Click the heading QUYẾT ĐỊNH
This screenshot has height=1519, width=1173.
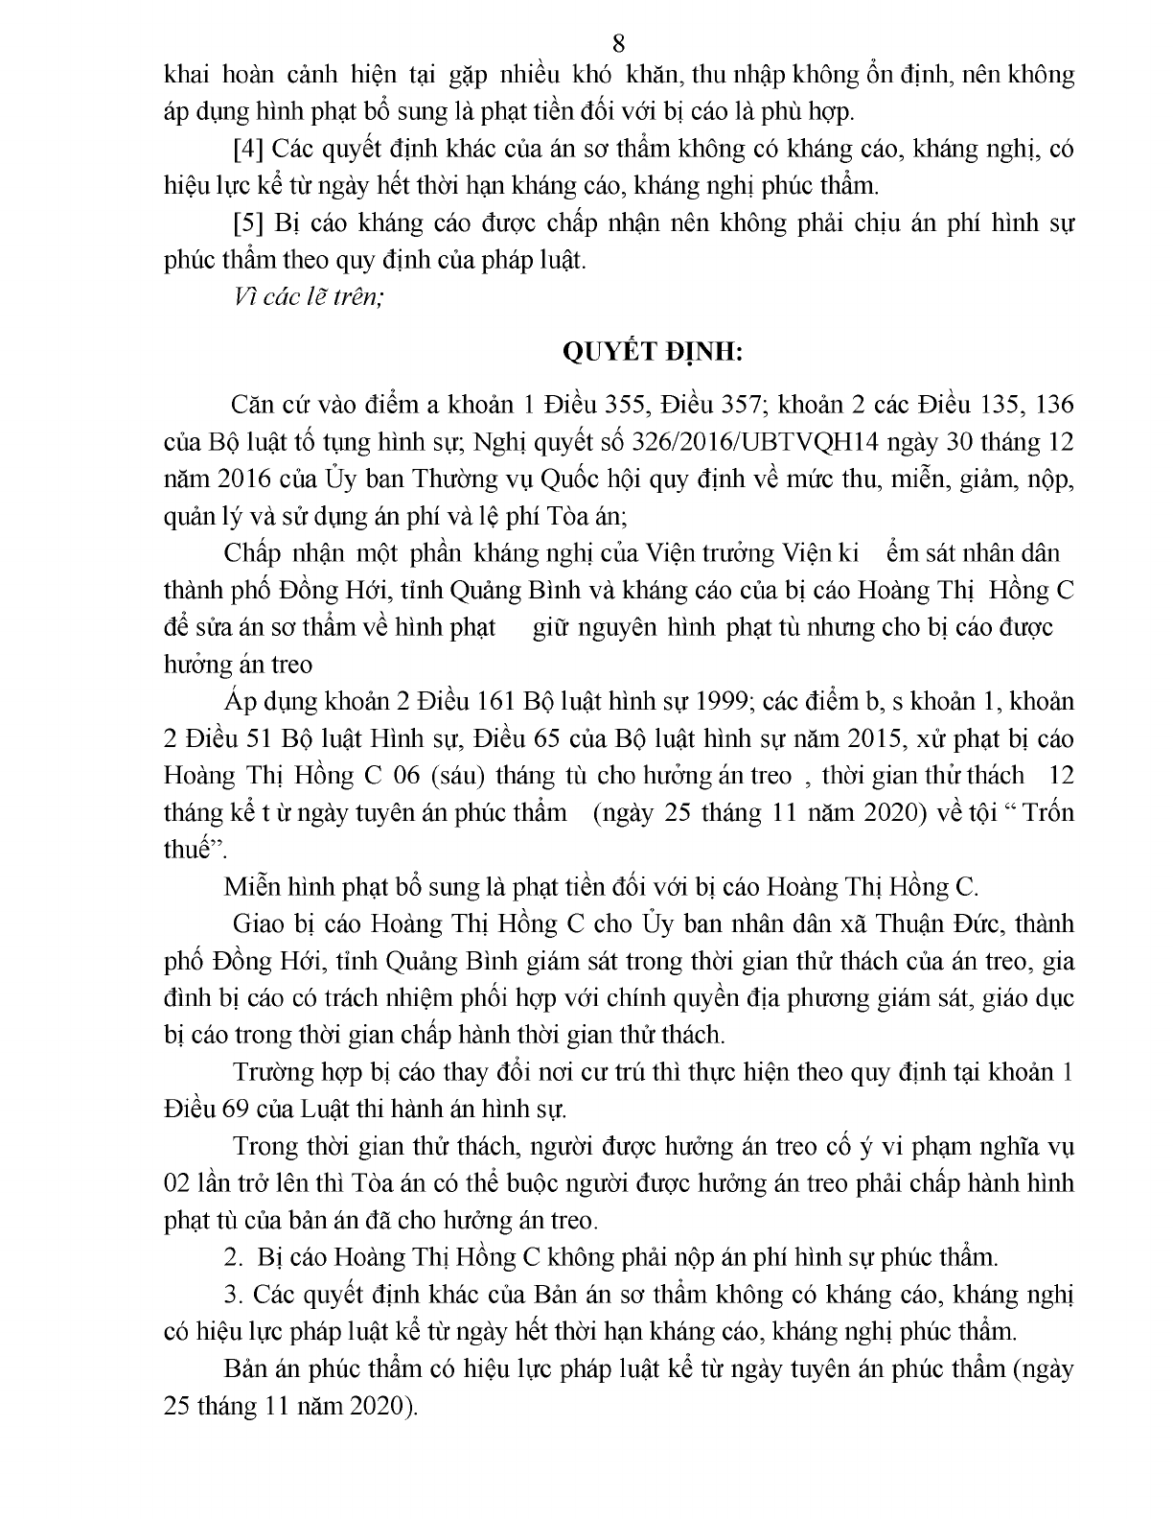(x=651, y=352)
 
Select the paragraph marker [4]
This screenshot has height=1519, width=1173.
(x=249, y=149)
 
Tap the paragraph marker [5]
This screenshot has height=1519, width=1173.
(x=249, y=223)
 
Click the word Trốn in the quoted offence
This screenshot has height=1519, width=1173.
(x=1048, y=813)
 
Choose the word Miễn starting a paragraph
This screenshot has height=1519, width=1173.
(x=251, y=887)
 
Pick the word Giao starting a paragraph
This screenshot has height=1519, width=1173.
(x=254, y=924)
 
